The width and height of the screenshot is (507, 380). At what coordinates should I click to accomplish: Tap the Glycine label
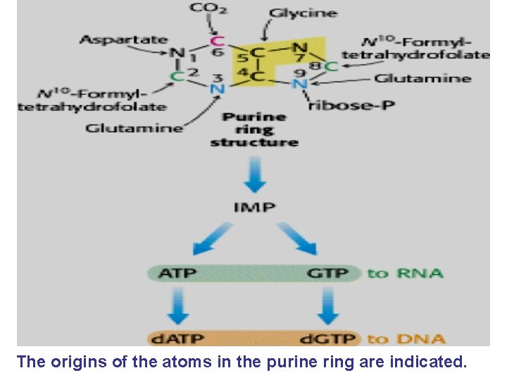coord(303,13)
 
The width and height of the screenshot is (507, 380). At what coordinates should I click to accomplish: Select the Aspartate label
coord(124,39)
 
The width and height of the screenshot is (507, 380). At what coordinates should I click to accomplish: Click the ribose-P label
coord(341,106)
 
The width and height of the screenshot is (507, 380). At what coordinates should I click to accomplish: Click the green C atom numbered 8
coord(332,66)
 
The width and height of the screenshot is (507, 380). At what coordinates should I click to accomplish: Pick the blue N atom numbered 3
coord(217,89)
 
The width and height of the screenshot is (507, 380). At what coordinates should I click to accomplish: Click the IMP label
coord(255,207)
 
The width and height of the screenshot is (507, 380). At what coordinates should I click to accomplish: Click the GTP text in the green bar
coord(328,272)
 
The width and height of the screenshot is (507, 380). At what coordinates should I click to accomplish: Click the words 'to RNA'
coord(406,272)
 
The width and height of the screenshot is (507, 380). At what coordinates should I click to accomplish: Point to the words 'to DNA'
coord(406,338)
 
